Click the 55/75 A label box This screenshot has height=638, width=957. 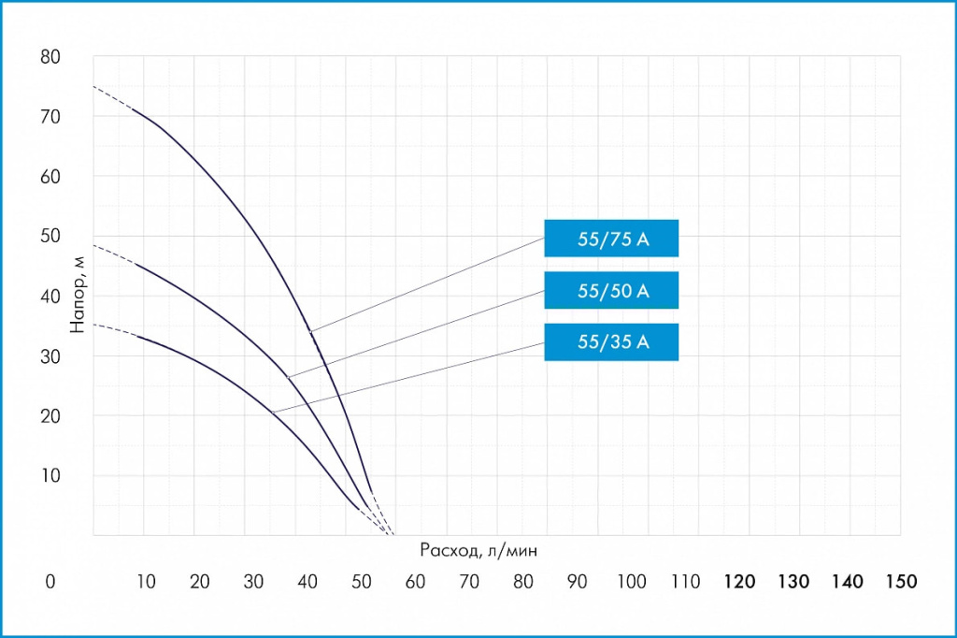coord(611,239)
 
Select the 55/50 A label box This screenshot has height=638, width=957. coord(611,291)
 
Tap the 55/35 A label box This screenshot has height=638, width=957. coord(611,342)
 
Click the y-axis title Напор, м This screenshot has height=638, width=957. coord(79,297)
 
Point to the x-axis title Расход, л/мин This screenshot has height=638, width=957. coord(478,550)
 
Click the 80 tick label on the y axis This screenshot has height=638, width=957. coord(50,57)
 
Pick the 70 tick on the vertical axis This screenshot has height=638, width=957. coord(50,117)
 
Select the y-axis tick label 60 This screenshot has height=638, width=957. coord(50,177)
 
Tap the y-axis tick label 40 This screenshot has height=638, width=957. coord(50,297)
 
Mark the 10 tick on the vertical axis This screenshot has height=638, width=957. coord(50,475)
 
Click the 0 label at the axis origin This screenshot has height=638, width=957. coord(50,582)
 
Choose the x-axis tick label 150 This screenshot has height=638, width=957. coord(902,582)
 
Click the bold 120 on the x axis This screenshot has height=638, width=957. coord(739,582)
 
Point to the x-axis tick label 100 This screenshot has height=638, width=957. coord(632,582)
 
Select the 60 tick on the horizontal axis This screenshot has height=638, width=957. coord(416,582)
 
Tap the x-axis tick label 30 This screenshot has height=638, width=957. coord(254,582)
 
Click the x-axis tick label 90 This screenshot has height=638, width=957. coord(578,582)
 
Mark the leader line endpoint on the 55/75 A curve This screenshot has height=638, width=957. coord(310,331)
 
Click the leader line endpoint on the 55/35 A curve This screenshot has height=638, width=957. coord(272,412)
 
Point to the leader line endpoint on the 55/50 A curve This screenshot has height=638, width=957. coord(288,377)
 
